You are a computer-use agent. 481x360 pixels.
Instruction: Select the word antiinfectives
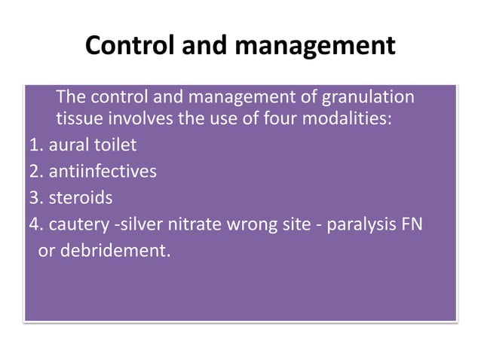[103, 172]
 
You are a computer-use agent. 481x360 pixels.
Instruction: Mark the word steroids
[80, 198]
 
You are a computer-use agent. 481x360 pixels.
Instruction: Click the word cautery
[75, 224]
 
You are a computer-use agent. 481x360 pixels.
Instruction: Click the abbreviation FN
[411, 224]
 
